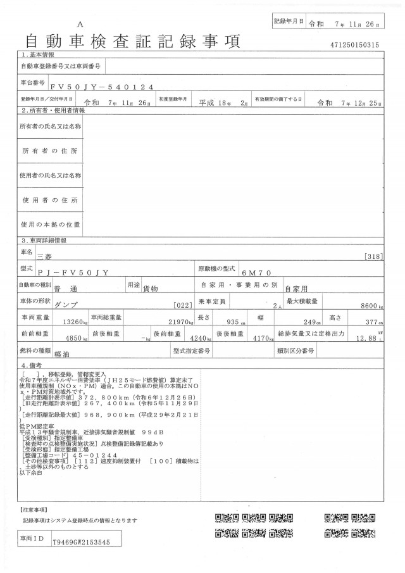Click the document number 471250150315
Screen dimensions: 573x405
click(x=354, y=46)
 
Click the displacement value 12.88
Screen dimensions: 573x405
click(x=365, y=338)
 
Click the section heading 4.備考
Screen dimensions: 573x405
click(x=33, y=366)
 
